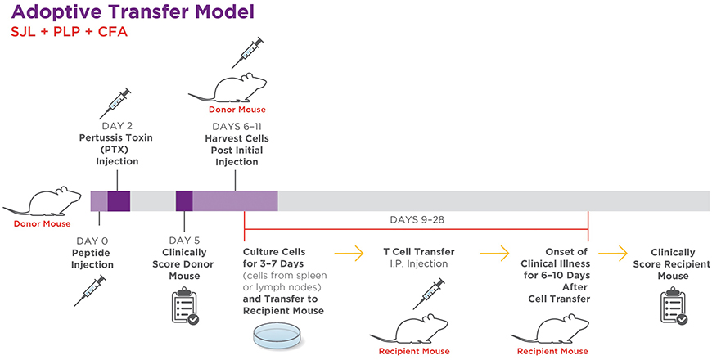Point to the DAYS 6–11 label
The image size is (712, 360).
pos(236,127)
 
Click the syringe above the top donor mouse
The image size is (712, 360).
pos(247,52)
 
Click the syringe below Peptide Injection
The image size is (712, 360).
pos(89,290)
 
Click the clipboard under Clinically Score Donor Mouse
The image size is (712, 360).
pos(184,305)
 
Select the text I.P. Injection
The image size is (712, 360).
pos(419,263)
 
